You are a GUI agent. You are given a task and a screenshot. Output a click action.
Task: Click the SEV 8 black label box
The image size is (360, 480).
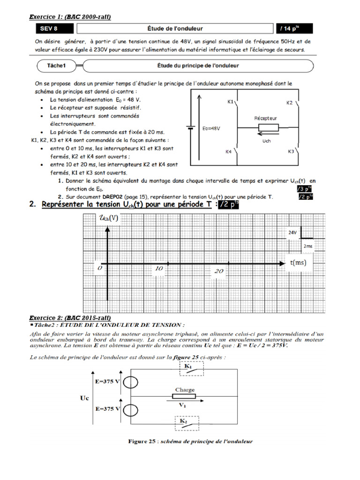click(49, 29)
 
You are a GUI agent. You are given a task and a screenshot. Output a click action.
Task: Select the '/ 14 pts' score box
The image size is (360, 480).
click(297, 29)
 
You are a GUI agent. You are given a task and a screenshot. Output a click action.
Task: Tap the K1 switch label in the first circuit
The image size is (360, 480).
click(231, 101)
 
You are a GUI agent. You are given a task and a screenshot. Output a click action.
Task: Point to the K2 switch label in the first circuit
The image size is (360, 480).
click(289, 102)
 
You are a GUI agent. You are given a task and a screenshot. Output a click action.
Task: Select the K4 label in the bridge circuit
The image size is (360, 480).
click(228, 151)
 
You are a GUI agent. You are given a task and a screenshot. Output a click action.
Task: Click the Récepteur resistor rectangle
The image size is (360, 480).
click(265, 127)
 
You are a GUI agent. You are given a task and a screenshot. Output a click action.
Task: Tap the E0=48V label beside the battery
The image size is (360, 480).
click(211, 127)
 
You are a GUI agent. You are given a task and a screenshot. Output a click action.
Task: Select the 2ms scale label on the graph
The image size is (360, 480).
click(308, 246)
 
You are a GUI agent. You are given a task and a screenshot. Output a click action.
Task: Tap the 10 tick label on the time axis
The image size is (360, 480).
click(158, 269)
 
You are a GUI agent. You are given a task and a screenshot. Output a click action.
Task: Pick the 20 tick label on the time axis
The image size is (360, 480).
click(219, 271)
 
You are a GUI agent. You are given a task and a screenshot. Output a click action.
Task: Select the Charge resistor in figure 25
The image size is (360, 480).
click(185, 397)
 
